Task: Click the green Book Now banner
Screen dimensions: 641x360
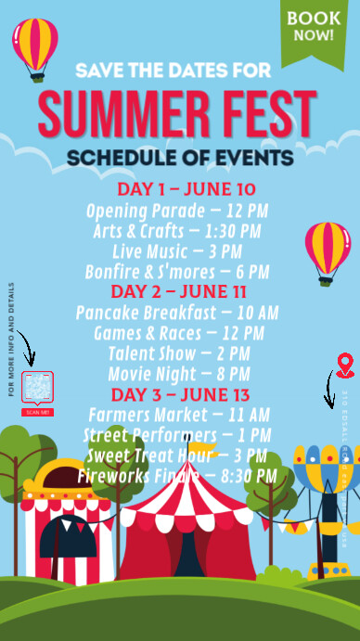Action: click(x=313, y=28)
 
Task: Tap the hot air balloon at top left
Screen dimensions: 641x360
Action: click(x=35, y=48)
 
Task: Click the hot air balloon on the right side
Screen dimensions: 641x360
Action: click(x=328, y=250)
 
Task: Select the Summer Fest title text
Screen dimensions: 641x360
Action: click(x=176, y=112)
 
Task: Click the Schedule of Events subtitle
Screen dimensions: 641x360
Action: click(x=180, y=157)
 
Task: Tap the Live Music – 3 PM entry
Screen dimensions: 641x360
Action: click(x=176, y=251)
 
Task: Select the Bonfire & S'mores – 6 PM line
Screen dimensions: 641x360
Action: click(x=176, y=272)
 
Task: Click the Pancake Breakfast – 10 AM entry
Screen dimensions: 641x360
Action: click(x=176, y=313)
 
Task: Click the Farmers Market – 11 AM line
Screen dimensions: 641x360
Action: click(x=176, y=415)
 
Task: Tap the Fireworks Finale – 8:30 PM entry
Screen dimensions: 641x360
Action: click(x=176, y=476)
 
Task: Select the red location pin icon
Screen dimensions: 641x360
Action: click(x=345, y=365)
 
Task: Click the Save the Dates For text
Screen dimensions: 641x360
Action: click(x=174, y=71)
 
